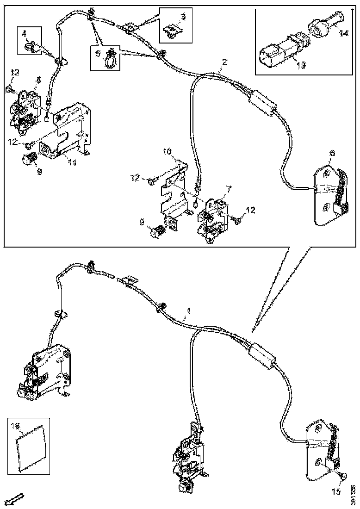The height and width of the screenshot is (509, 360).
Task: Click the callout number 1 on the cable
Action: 188,320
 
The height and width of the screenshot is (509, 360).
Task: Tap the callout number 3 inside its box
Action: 183,17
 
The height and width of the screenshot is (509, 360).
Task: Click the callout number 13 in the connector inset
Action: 300,65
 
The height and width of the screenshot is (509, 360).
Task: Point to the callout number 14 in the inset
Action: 343,33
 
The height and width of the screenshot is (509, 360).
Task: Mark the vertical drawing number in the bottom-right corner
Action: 353,494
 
